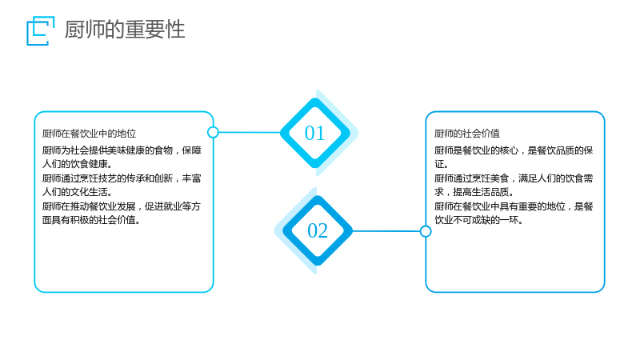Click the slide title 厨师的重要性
[125, 30]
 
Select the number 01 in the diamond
[314, 133]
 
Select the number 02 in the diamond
[318, 231]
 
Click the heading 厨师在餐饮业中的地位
[89, 134]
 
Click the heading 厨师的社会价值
[467, 134]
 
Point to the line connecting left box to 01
[250, 132]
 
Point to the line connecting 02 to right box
[386, 231]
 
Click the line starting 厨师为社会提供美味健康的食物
[122, 150]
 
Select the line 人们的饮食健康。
[77, 164]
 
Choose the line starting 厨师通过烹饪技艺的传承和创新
[122, 178]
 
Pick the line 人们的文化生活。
[77, 192]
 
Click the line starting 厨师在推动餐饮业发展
[122, 206]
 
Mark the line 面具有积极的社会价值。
[91, 220]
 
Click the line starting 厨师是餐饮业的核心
[514, 150]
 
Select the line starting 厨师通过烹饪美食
[514, 178]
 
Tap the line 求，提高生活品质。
[474, 192]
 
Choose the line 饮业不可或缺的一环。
[478, 220]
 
